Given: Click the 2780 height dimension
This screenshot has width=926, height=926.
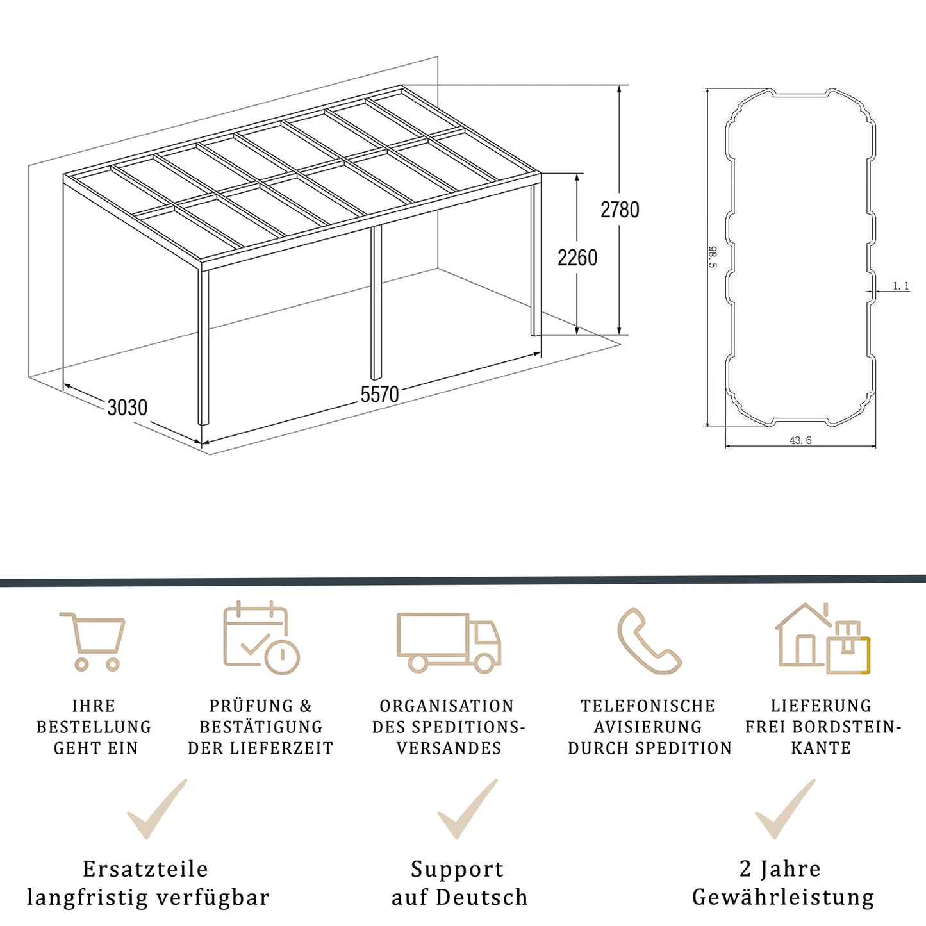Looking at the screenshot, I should [x=620, y=210].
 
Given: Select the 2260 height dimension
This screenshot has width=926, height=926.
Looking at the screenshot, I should [x=577, y=258].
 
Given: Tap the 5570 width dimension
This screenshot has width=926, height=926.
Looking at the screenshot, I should [x=379, y=394].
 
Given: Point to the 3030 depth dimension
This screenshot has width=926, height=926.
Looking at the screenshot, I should [x=128, y=408].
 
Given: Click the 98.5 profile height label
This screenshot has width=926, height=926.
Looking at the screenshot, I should [x=713, y=257].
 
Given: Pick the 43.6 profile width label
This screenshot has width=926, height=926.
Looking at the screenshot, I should [x=800, y=440].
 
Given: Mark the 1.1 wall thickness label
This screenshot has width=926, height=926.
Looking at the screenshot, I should [x=901, y=286].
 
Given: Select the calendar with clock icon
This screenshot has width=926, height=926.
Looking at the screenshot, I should [x=260, y=638].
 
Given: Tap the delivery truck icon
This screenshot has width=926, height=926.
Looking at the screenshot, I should [x=449, y=642].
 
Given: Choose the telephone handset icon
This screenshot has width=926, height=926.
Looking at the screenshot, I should [x=648, y=641].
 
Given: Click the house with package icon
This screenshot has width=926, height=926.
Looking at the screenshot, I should [x=823, y=639].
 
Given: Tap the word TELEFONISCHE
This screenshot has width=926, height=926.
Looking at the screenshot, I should [x=648, y=706].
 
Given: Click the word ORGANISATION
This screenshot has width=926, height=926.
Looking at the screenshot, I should [x=447, y=706].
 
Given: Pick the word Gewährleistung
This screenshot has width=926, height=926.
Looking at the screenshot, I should [x=783, y=897].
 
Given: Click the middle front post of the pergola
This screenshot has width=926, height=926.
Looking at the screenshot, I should [x=376, y=301].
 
